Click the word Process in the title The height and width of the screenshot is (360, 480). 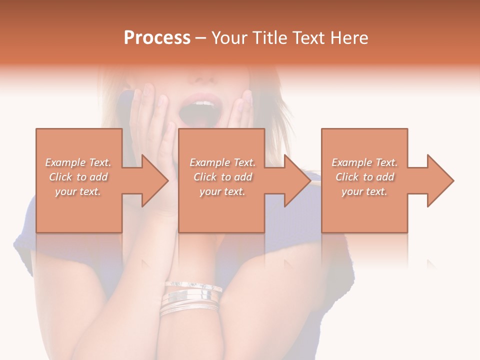(x=157, y=38)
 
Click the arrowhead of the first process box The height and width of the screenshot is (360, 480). (x=155, y=180)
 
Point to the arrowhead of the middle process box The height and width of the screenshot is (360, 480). (x=297, y=180)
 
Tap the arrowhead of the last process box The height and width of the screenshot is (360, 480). (x=440, y=180)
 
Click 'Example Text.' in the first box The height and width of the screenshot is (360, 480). (x=78, y=162)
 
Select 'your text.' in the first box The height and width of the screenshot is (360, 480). (x=78, y=191)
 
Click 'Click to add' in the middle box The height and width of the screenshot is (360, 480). (x=222, y=177)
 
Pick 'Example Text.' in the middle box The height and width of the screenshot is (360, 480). (x=222, y=162)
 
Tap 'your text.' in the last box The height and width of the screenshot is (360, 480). (x=364, y=191)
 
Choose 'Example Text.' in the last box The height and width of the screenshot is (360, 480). (x=364, y=162)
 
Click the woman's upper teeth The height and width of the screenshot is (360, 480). (x=202, y=103)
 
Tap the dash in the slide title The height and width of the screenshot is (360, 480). (x=201, y=38)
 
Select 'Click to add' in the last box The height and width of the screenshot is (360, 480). (x=364, y=177)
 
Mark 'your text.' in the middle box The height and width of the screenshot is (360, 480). (x=222, y=191)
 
